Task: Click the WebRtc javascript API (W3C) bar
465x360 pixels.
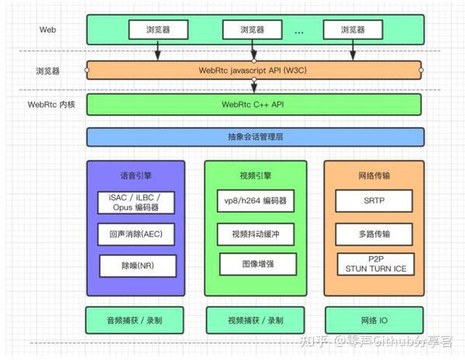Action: [255, 70]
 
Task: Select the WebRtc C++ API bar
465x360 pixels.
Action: [255, 105]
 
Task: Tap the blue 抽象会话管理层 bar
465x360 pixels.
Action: [255, 138]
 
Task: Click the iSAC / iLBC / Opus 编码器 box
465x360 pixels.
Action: [136, 203]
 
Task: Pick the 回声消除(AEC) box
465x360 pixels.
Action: [136, 234]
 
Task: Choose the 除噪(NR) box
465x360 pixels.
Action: [136, 266]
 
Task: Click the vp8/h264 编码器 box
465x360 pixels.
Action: [255, 201]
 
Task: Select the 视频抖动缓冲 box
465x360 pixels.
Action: [255, 234]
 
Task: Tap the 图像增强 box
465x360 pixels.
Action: [255, 263]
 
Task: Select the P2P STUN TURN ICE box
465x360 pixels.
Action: [374, 263]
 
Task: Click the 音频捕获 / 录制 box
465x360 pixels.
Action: [136, 319]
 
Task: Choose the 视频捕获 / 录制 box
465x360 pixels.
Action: [255, 319]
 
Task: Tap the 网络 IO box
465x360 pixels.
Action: [374, 319]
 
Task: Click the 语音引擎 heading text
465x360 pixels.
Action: [136, 176]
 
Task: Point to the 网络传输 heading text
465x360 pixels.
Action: [374, 176]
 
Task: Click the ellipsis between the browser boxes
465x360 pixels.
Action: [299, 31]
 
